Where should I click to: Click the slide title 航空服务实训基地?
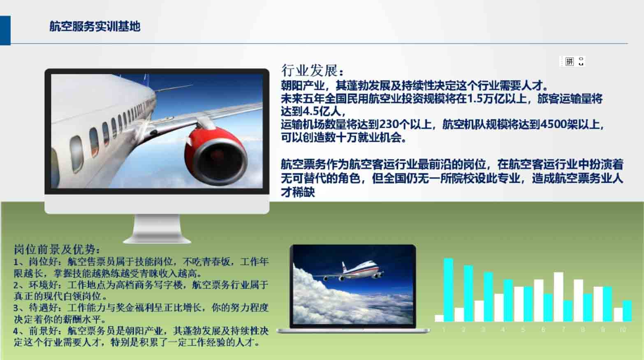click(x=95, y=26)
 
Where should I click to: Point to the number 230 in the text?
click(x=389, y=124)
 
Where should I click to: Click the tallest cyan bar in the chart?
click(x=449, y=290)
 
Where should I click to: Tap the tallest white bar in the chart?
click(x=558, y=297)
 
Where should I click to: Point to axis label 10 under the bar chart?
click(x=623, y=330)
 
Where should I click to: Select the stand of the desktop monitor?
click(x=157, y=229)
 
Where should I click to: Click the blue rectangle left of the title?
click(x=5, y=30)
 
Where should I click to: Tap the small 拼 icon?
click(x=569, y=61)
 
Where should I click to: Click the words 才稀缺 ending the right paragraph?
click(x=298, y=192)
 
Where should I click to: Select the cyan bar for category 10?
click(x=627, y=311)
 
